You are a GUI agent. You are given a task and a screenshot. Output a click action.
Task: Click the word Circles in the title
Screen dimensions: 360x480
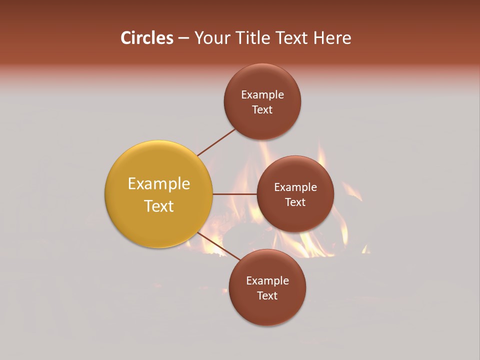coord(146,38)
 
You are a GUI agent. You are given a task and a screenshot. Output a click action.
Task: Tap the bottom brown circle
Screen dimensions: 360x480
coord(267,310)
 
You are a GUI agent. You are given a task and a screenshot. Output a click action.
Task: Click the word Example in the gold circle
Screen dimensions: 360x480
coord(159,184)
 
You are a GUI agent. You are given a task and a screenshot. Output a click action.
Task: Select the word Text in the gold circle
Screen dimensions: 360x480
coord(159,206)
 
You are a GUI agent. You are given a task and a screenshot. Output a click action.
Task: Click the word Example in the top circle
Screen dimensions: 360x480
coord(262,95)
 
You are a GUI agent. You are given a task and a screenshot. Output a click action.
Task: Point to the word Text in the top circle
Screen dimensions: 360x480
coord(262,110)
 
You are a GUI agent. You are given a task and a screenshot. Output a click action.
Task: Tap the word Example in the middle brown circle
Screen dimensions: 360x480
coord(295,187)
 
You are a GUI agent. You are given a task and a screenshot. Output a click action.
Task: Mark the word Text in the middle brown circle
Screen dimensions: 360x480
coord(295,202)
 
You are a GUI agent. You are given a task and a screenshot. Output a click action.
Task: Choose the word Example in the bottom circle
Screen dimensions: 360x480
coord(267,281)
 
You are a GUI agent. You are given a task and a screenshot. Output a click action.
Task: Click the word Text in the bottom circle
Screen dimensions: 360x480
coord(267,296)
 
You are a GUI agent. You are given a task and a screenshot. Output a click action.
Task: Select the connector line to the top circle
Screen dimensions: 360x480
coord(216,142)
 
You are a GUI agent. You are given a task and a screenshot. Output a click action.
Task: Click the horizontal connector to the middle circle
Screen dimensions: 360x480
coord(234,194)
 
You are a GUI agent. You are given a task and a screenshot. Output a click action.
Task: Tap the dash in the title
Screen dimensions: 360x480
coord(183,38)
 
